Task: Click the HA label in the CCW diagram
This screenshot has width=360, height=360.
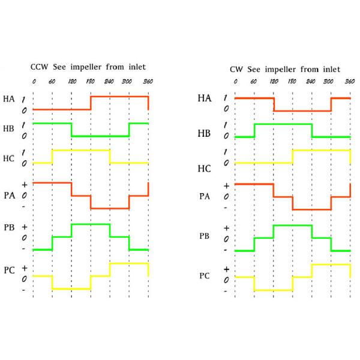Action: point(8,99)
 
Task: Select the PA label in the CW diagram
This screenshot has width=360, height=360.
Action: point(205,196)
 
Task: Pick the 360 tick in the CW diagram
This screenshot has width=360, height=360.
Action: point(350,81)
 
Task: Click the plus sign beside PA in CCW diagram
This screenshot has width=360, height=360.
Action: point(23,184)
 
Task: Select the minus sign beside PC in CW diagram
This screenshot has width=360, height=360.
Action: point(226,291)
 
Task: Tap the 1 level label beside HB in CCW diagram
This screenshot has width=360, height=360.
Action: point(23,125)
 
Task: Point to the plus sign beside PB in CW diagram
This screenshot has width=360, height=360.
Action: point(226,228)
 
